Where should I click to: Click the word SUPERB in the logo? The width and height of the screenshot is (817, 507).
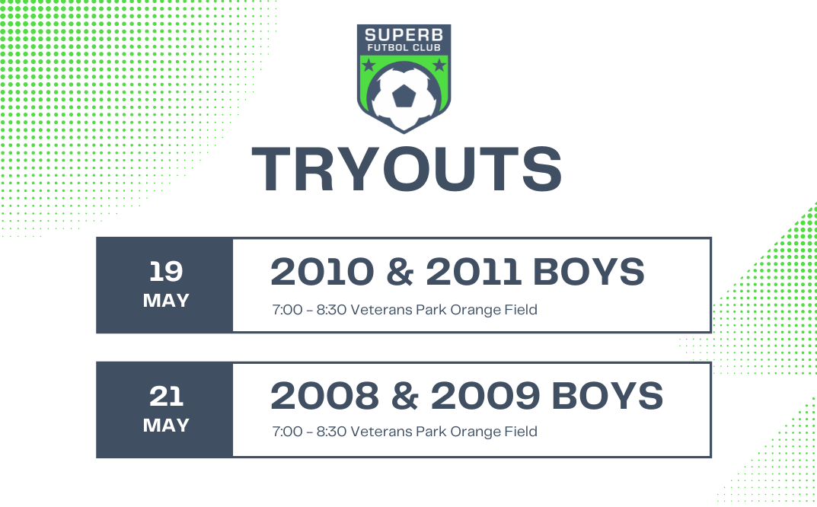point(404,35)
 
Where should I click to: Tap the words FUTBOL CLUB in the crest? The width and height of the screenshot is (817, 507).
point(404,47)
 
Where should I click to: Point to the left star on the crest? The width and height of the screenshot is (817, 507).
point(369,65)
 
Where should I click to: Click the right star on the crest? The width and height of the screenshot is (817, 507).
point(439,65)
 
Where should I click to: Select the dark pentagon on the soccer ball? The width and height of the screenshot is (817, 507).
point(404,97)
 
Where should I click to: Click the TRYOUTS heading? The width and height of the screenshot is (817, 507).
point(407,169)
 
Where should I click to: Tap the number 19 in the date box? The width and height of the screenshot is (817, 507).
point(166,272)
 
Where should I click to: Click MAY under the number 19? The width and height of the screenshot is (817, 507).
point(166,301)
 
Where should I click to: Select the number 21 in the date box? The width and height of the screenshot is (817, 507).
point(166,397)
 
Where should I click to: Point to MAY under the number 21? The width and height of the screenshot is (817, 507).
point(166,426)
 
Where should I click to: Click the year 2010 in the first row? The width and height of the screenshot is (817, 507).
point(323,272)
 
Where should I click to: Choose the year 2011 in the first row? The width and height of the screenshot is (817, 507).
point(474,272)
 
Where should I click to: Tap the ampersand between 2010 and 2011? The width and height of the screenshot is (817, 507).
point(401,272)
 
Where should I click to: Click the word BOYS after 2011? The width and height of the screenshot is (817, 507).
point(589,272)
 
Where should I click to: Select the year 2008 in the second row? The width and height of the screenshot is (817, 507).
point(325,396)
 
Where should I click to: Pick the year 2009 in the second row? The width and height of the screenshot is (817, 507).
point(485,396)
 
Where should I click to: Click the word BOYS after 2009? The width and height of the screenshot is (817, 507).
point(608,396)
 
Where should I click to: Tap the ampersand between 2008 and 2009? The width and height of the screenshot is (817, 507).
point(405,396)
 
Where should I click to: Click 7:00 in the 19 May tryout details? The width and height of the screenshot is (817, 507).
point(288,310)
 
